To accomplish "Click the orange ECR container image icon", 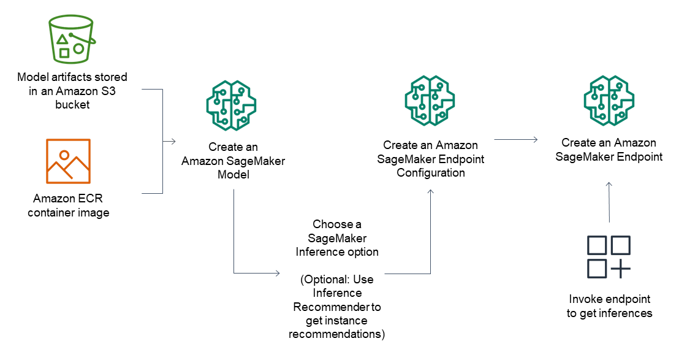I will (x=67, y=161).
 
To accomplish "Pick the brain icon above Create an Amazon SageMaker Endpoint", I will (x=609, y=99).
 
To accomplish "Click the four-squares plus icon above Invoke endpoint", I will (x=609, y=256).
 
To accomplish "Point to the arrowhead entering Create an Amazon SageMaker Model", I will (x=173, y=142).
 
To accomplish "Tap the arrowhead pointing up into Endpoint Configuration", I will (x=430, y=193).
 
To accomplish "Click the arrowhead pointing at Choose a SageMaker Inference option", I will (x=278, y=272).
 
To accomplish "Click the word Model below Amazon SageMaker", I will (x=233, y=174).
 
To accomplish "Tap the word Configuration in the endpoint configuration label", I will (x=430, y=172).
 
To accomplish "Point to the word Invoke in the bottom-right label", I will (x=585, y=299).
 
